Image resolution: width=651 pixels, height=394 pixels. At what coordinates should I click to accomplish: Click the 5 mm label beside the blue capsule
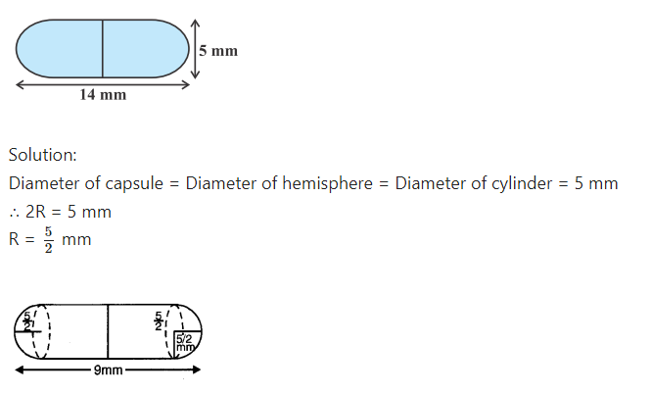pos(218,51)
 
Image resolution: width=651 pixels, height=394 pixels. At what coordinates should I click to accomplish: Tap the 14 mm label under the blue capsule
pos(103,95)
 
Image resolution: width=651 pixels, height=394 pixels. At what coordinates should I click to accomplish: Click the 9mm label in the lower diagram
pos(109,369)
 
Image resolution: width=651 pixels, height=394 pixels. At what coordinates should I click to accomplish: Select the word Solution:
pos(43,155)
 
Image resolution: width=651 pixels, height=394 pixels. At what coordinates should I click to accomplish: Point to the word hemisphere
pos(328,183)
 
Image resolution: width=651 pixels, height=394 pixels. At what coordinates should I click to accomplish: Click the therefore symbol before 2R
pos(14,213)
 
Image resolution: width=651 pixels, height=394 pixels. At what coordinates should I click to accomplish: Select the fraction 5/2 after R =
pos(49,240)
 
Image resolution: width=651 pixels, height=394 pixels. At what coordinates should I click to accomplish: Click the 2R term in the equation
pos(35,212)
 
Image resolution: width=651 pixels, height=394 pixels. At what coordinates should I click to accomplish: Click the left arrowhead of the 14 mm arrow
pos(20,85)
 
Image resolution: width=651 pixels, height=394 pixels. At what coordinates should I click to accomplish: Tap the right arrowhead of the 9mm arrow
pos(197,369)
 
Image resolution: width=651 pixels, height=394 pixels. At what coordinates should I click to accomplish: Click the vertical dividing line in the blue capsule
pos(103,48)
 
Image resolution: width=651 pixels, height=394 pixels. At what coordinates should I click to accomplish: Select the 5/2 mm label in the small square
pos(185,343)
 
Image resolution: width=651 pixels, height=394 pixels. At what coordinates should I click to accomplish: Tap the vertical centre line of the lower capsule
pos(108,331)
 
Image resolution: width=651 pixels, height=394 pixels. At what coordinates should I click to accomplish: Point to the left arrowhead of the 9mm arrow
pos(20,369)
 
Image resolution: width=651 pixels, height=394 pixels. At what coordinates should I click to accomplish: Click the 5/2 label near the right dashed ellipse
pos(159,320)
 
